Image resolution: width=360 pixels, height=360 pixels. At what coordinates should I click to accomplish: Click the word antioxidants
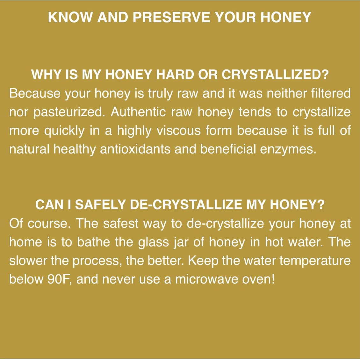135,149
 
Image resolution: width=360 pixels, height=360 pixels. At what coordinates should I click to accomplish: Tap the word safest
121,223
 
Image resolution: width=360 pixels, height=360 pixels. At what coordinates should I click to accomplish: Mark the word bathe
93,242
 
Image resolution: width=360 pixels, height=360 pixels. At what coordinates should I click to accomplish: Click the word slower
28,261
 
